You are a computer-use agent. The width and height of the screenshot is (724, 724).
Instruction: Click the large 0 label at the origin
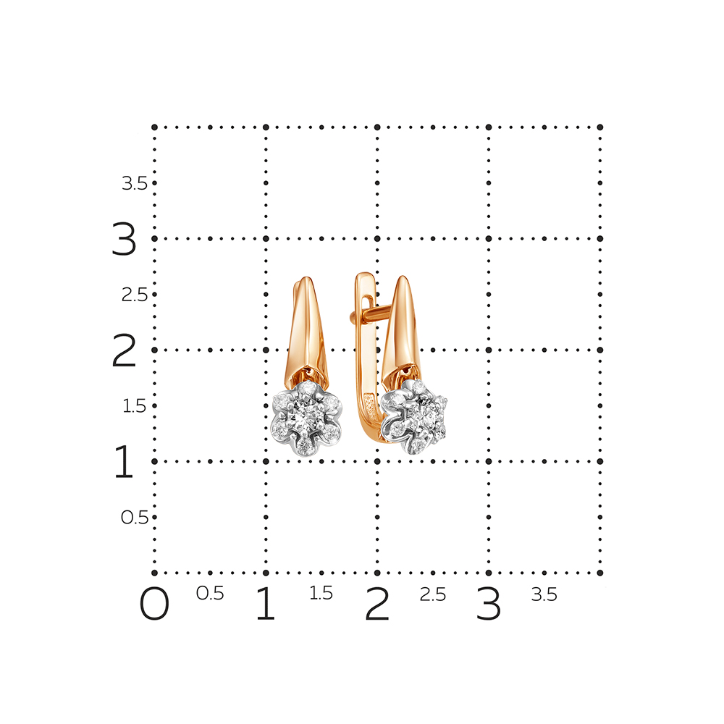pos(154,604)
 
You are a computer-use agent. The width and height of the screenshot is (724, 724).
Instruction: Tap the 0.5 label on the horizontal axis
pos(210,594)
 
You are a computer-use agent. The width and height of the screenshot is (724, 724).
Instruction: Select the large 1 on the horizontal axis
pos(266,604)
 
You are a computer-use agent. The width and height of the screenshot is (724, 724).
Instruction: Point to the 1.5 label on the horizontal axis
pos(321,594)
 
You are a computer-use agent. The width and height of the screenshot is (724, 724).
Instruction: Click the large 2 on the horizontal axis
pos(377,604)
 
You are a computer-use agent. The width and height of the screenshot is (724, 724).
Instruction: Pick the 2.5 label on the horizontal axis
pos(433,594)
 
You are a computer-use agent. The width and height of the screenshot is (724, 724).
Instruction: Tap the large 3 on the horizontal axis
pos(489,604)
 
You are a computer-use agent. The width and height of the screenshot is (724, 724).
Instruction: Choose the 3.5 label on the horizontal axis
pos(544,594)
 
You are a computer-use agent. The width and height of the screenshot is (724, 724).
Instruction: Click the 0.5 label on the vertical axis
pos(135,518)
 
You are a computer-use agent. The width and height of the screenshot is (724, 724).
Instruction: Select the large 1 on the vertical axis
pos(124,461)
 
